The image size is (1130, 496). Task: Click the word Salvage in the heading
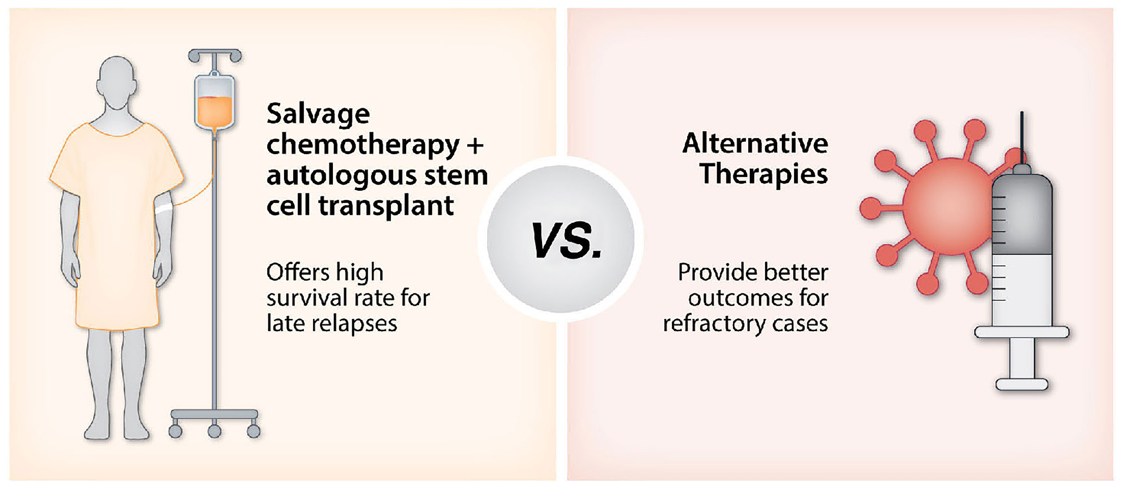[318, 115]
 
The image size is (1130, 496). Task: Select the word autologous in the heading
[337, 175]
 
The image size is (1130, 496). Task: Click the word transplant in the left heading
[386, 206]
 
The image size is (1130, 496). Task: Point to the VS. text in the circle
[566, 240]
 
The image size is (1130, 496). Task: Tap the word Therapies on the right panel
[764, 175]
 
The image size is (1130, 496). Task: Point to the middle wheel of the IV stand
[215, 431]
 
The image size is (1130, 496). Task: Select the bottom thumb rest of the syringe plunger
[1022, 384]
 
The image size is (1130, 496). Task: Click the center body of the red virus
[948, 206]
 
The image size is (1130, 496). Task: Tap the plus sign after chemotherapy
[475, 145]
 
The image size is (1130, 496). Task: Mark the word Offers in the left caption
[298, 272]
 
